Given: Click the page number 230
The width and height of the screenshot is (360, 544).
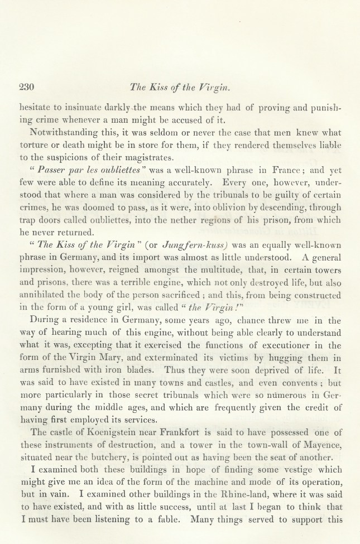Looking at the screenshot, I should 27,87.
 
